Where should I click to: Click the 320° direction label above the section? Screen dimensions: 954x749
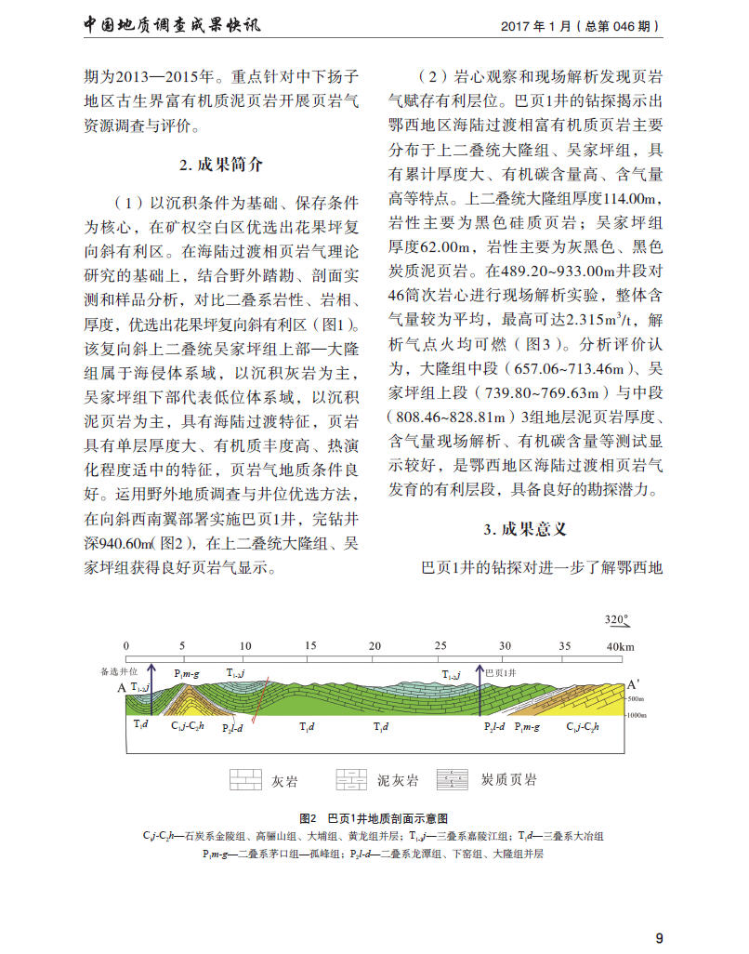tap(617, 619)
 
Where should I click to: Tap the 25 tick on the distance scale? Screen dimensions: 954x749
tap(440, 646)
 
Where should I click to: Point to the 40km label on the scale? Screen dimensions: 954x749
tap(621, 646)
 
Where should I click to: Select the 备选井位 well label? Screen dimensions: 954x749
tap(118, 669)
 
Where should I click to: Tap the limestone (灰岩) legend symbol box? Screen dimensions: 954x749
tap(245, 779)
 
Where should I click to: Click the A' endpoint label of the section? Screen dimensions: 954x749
tap(633, 682)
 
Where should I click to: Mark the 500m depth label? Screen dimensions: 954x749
tap(636, 698)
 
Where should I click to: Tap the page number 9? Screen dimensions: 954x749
tap(659, 937)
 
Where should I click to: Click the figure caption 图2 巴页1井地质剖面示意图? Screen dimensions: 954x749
tap(374, 818)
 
